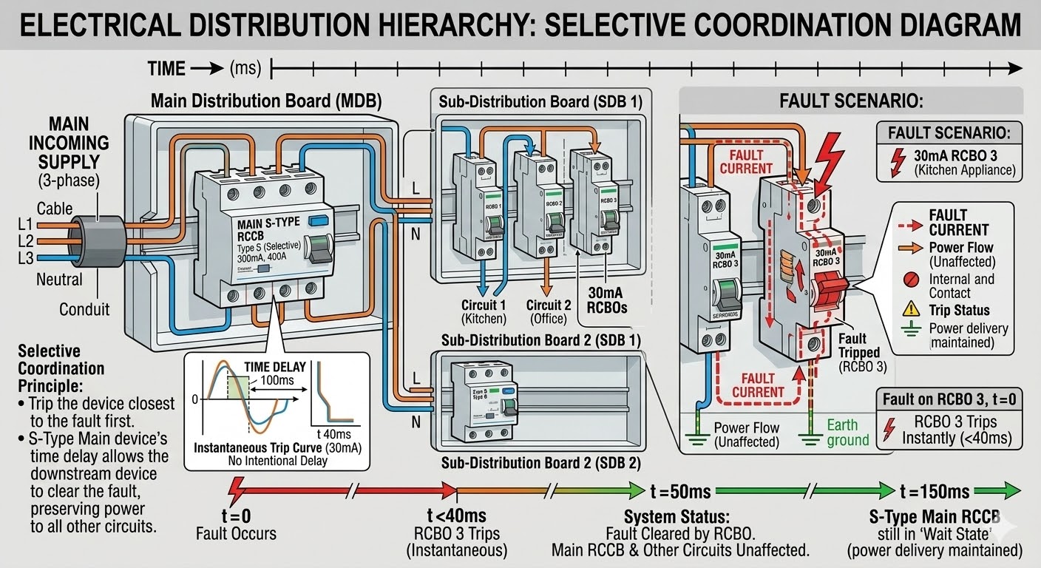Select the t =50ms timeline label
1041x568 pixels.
point(680,491)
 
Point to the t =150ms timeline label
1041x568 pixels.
point(935,492)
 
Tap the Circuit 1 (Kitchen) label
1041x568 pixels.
point(484,311)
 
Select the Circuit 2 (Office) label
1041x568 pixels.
point(549,311)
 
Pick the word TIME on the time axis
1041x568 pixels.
point(166,69)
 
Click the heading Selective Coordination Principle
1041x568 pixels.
point(61,368)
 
